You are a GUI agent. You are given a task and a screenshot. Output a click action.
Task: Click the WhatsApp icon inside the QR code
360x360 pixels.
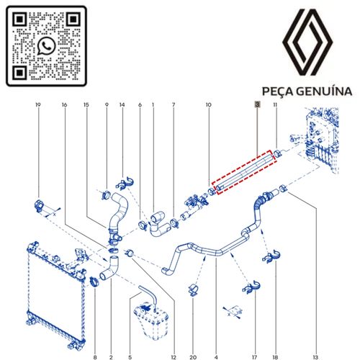[46, 46]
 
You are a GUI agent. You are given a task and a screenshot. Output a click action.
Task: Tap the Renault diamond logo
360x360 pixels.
[307, 42]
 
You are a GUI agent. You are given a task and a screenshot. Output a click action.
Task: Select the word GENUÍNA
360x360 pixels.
[324, 91]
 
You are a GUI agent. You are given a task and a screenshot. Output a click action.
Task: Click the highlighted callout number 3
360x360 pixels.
[257, 104]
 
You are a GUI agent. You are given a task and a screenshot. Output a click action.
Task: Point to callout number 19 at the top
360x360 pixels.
[38, 105]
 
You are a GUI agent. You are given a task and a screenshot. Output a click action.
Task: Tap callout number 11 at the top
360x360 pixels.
[275, 105]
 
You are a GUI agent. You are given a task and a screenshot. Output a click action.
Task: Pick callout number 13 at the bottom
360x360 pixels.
[315, 357]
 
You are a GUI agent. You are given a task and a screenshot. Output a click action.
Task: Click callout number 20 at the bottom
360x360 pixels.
[193, 357]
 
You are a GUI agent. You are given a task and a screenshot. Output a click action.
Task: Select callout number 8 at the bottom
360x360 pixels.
[95, 357]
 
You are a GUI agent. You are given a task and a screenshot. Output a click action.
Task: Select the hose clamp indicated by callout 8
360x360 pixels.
[95, 282]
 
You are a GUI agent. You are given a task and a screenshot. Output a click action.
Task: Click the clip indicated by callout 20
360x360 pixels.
[194, 289]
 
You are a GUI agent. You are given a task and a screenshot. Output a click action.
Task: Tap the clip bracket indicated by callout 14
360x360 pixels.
[125, 184]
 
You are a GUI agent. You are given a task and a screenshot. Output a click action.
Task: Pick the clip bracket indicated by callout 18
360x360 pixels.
[271, 256]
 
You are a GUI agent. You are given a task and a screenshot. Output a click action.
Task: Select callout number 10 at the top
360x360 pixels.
[208, 105]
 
